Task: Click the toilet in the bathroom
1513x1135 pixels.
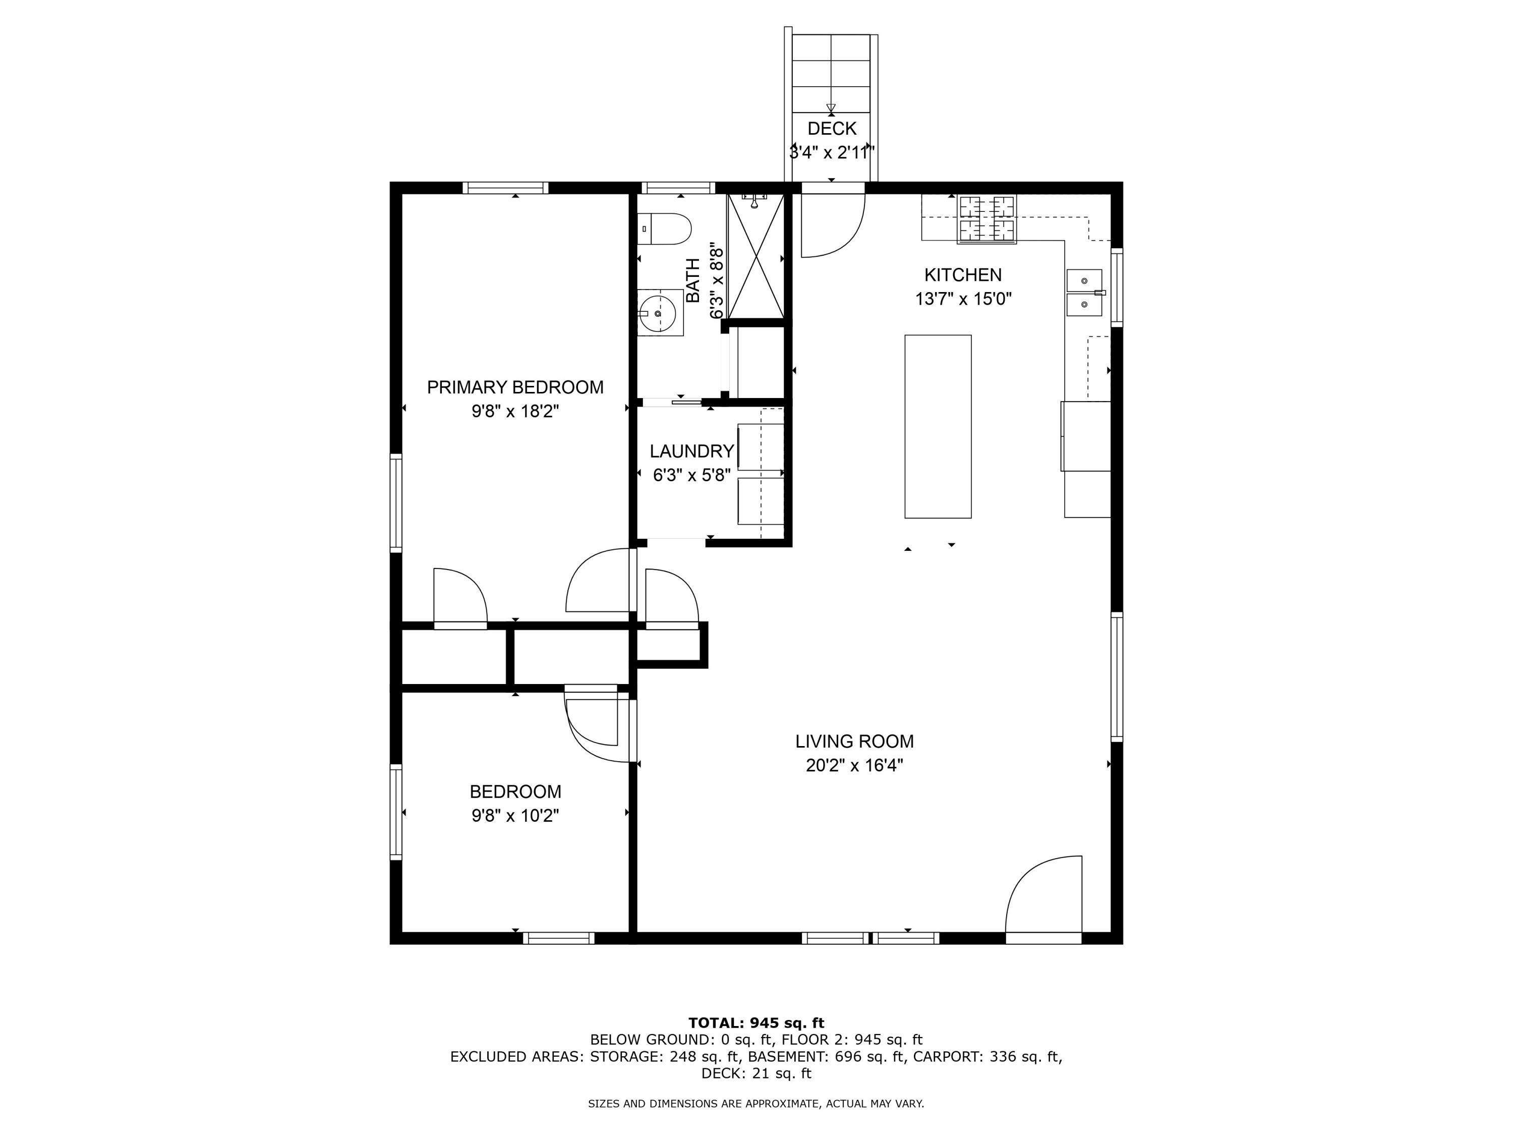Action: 664,229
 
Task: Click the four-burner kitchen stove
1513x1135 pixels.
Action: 986,219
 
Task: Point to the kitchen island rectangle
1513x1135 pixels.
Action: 938,426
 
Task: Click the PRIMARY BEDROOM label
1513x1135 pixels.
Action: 515,387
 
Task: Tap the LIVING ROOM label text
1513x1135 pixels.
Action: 854,741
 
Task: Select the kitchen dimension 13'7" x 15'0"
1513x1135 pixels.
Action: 963,299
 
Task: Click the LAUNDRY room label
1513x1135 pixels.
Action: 691,451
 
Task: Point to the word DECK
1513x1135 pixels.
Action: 832,129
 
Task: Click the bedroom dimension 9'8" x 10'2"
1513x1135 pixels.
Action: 515,816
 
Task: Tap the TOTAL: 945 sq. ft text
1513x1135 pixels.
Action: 756,1023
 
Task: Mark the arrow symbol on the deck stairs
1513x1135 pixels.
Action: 831,109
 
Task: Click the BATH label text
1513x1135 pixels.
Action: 693,280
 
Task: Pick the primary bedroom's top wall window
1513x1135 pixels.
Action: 505,188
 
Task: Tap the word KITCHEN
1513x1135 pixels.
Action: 963,275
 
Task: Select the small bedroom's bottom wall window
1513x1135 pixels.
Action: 559,938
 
